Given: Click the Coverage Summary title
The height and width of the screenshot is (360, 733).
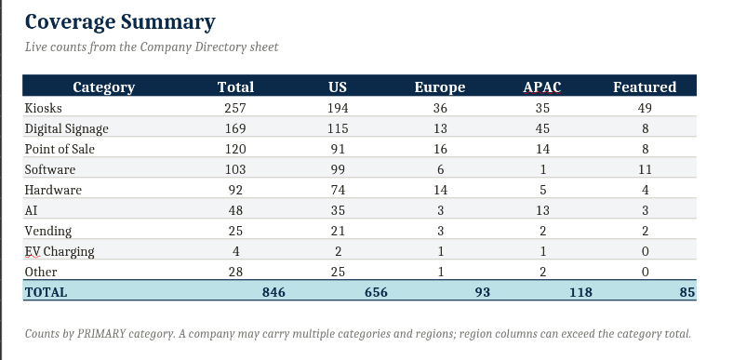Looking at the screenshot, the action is [x=120, y=22].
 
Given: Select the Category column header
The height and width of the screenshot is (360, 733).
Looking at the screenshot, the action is [x=104, y=87].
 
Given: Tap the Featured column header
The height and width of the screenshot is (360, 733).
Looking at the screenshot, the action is [x=645, y=87].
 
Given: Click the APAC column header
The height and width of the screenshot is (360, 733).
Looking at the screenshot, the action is [x=542, y=87].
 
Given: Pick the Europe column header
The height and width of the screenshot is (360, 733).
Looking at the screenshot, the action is [x=440, y=87].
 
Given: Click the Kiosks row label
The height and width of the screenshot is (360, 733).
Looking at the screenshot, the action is [x=43, y=108].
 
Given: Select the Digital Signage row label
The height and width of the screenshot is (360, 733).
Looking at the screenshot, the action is [x=66, y=128].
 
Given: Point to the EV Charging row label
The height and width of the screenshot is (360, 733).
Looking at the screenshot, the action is [x=60, y=251].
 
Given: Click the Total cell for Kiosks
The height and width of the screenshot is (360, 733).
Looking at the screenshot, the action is [x=235, y=108].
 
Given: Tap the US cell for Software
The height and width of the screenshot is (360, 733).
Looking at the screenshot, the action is [x=338, y=169].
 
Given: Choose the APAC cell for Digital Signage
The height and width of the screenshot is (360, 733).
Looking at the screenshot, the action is [x=542, y=128].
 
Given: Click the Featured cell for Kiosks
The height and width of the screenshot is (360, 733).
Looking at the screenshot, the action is [x=645, y=108].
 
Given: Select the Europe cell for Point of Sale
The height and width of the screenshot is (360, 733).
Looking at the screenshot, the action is [x=440, y=149].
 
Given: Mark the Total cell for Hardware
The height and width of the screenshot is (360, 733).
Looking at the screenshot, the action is [x=235, y=190].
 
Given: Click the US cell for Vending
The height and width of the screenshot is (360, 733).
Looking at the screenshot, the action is [x=338, y=231].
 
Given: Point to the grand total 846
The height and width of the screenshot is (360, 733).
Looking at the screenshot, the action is [x=273, y=292].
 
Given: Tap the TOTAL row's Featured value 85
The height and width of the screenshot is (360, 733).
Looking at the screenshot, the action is [x=687, y=292].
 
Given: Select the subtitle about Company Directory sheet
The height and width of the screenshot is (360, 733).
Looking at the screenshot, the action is [x=152, y=47].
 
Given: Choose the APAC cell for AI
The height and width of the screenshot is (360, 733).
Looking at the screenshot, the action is [x=542, y=210].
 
